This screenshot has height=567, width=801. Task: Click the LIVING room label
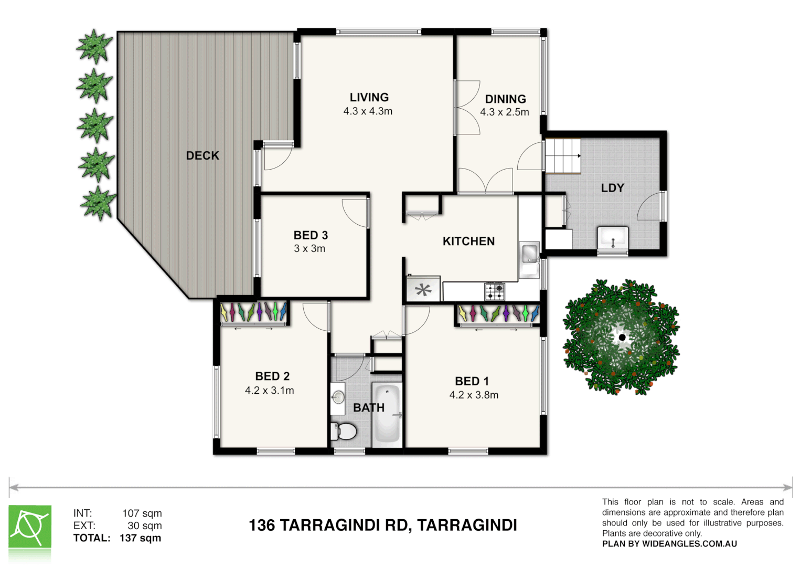pyautogui.click(x=369, y=97)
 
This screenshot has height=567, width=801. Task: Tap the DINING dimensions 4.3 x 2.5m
pyautogui.click(x=504, y=112)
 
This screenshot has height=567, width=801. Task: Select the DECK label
pyautogui.click(x=202, y=155)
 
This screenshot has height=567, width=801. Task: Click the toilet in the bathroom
pyautogui.click(x=344, y=432)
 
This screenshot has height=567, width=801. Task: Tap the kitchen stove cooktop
pyautogui.click(x=494, y=291)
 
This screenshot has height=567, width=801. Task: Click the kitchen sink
pyautogui.click(x=529, y=254)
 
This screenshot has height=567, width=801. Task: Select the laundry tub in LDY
pyautogui.click(x=613, y=239)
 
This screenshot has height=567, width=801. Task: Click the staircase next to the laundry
pyautogui.click(x=563, y=156)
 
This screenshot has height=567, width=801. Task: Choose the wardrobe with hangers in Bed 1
pyautogui.click(x=498, y=313)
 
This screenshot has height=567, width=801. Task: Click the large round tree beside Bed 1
pyautogui.click(x=621, y=337)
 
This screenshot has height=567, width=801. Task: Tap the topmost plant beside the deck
pyautogui.click(x=94, y=46)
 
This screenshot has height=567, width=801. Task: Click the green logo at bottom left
pyautogui.click(x=30, y=527)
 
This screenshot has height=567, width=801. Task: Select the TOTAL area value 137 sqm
pyautogui.click(x=140, y=538)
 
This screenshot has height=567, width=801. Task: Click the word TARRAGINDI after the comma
pyautogui.click(x=467, y=525)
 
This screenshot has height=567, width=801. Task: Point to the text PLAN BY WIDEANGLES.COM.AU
pyautogui.click(x=669, y=544)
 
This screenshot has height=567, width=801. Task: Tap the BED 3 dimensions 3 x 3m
pyautogui.click(x=309, y=249)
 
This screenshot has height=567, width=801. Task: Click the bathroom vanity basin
pyautogui.click(x=338, y=397)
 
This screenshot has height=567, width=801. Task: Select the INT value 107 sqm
pyautogui.click(x=142, y=513)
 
